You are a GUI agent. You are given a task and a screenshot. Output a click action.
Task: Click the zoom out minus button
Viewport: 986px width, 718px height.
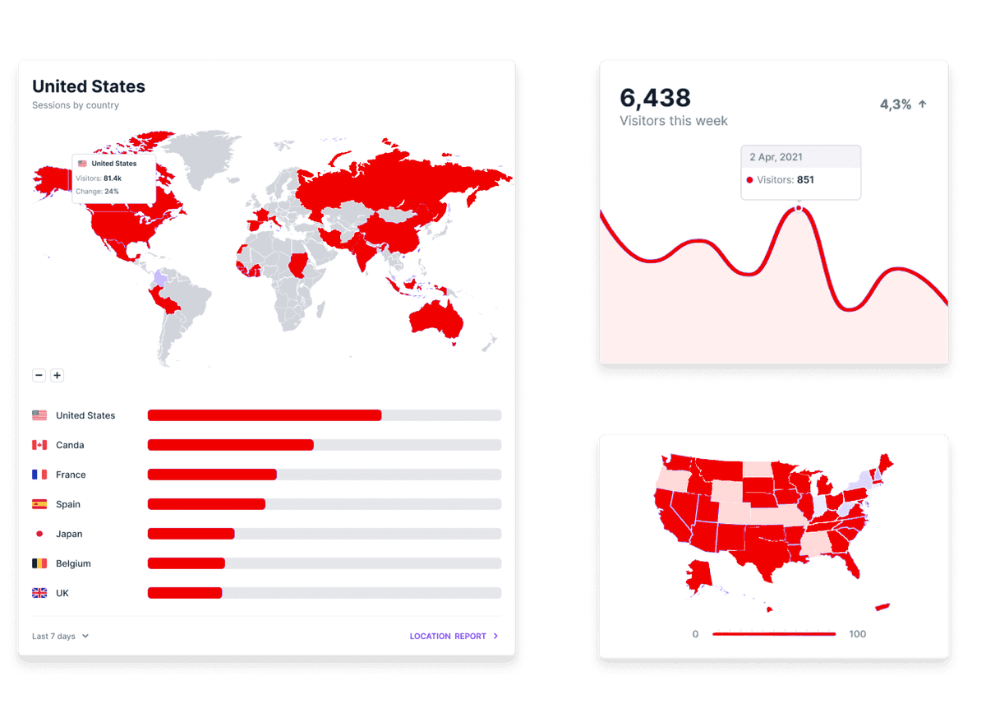click(x=39, y=375)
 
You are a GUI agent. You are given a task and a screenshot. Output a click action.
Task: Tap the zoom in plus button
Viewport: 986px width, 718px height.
click(x=58, y=375)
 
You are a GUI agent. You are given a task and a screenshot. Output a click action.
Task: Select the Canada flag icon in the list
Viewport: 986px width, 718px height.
click(x=39, y=445)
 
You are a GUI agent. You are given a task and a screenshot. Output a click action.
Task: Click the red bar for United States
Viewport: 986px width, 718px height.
click(x=264, y=415)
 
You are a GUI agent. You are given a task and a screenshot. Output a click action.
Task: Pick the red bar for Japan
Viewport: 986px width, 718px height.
click(x=191, y=534)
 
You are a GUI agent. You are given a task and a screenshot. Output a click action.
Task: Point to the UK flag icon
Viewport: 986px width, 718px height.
click(x=39, y=593)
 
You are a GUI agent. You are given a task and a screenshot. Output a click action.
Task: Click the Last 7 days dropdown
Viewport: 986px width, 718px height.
click(x=60, y=636)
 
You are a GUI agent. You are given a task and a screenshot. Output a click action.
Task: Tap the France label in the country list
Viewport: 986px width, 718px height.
click(x=71, y=475)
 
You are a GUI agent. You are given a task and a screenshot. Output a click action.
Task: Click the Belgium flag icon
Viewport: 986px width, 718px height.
click(x=39, y=563)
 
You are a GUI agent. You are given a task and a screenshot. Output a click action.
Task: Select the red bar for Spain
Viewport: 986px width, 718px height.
click(x=206, y=504)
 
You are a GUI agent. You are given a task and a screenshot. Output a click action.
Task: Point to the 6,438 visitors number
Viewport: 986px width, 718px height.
click(x=655, y=98)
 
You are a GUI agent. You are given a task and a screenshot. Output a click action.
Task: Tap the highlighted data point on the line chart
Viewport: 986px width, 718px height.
click(x=798, y=209)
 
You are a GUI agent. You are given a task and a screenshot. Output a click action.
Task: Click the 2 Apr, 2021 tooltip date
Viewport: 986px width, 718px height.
click(x=776, y=157)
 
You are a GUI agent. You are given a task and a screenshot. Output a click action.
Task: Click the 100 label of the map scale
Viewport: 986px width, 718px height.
click(x=858, y=634)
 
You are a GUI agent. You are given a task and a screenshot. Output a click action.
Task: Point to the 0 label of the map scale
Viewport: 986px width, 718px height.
click(x=695, y=634)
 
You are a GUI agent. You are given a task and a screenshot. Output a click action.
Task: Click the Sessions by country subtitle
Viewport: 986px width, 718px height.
click(x=76, y=105)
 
